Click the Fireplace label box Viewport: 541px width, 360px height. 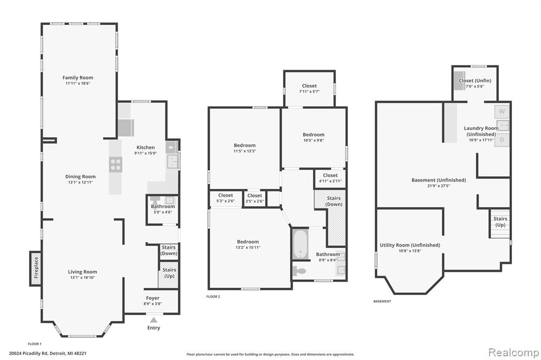(35, 269)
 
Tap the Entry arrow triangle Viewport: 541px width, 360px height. (154, 320)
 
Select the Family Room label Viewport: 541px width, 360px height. (78, 78)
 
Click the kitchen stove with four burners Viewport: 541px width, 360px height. (116, 165)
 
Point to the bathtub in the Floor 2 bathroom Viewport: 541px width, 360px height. (301, 244)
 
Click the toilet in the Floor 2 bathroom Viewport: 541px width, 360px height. (299, 271)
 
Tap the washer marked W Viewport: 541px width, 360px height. (502, 111)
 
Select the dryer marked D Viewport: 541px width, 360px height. (502, 140)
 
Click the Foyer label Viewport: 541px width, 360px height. (153, 298)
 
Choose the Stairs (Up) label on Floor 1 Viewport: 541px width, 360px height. (169, 273)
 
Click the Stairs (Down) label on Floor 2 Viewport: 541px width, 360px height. (334, 201)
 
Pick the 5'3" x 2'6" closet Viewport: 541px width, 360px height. (225, 198)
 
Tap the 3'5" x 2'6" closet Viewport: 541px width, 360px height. (255, 198)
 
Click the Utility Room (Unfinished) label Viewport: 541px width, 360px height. (410, 245)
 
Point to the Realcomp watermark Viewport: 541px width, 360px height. (514, 352)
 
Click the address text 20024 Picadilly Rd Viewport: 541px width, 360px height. (29, 353)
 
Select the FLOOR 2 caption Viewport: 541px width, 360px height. (213, 297)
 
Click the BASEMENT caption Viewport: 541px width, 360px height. (383, 301)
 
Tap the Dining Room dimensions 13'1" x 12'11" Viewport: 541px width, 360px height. (80, 183)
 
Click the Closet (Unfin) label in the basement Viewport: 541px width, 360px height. (475, 80)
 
